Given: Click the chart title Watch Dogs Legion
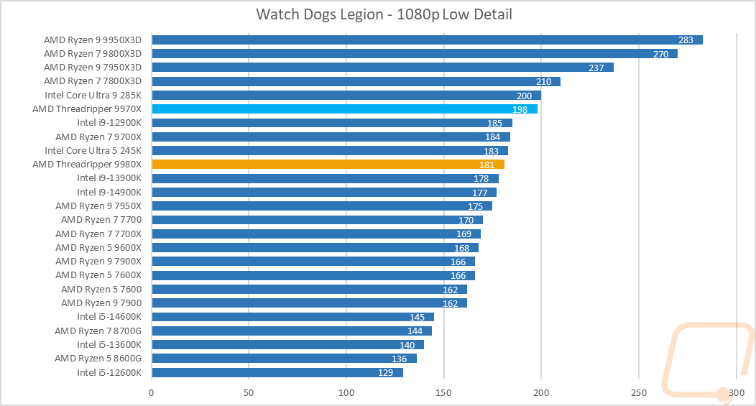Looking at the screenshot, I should pyautogui.click(x=384, y=14).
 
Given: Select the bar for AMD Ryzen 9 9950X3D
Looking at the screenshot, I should pyautogui.click(x=427, y=40).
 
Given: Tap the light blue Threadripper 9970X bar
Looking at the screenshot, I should pyautogui.click(x=344, y=109).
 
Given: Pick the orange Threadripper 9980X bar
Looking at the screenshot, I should pyautogui.click(x=328, y=164).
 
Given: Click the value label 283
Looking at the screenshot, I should pyautogui.click(x=686, y=40).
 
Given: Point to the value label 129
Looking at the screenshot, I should pyautogui.click(x=386, y=372).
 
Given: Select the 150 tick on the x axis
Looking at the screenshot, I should pyautogui.click(x=444, y=393).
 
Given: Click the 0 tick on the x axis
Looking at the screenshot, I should pyautogui.click(x=152, y=393).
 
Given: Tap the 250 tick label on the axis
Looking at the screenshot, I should pyautogui.click(x=639, y=393).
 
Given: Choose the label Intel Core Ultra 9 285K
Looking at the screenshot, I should pyautogui.click(x=93, y=95).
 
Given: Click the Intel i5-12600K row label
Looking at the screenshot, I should pyautogui.click(x=110, y=372).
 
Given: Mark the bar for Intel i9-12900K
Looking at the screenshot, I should pyautogui.click(x=331, y=123).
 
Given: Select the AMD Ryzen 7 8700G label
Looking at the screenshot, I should pyautogui.click(x=98, y=331).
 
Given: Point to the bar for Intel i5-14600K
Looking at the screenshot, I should pyautogui.click(x=292, y=317).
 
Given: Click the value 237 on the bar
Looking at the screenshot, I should pyautogui.click(x=596, y=68).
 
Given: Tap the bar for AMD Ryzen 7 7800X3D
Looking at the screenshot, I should pyautogui.click(x=356, y=81).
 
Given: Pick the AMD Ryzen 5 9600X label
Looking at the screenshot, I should pyautogui.click(x=98, y=247).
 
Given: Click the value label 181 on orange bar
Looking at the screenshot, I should pyautogui.click(x=487, y=165).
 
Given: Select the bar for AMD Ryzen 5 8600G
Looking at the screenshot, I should pyautogui.click(x=284, y=358).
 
